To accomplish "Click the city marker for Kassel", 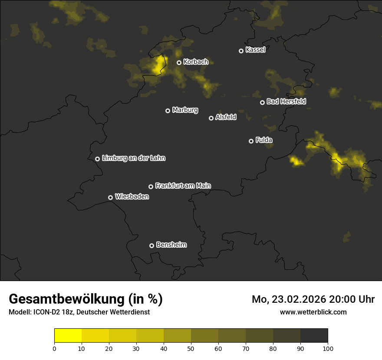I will click(x=241, y=51).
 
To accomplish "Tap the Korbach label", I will click(x=196, y=62).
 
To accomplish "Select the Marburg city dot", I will click(x=168, y=111).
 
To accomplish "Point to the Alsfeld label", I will click(x=226, y=117).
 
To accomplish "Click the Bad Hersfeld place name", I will click(x=286, y=101).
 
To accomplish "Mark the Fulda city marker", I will click(x=251, y=141).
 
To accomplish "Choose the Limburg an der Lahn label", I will click(x=133, y=158).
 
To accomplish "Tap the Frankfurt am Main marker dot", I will click(x=151, y=187).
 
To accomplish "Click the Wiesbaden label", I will click(x=132, y=197).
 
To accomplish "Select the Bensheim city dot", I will click(x=151, y=245).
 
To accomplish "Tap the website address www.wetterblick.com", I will click(x=313, y=312).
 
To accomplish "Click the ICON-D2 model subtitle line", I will click(x=79, y=312).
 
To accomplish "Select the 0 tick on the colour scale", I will click(x=54, y=348).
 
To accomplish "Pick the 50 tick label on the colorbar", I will click(x=191, y=348).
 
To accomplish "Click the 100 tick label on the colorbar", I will click(x=328, y=348).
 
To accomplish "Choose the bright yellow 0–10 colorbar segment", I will click(x=68, y=336).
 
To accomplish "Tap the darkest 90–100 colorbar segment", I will click(x=314, y=336).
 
